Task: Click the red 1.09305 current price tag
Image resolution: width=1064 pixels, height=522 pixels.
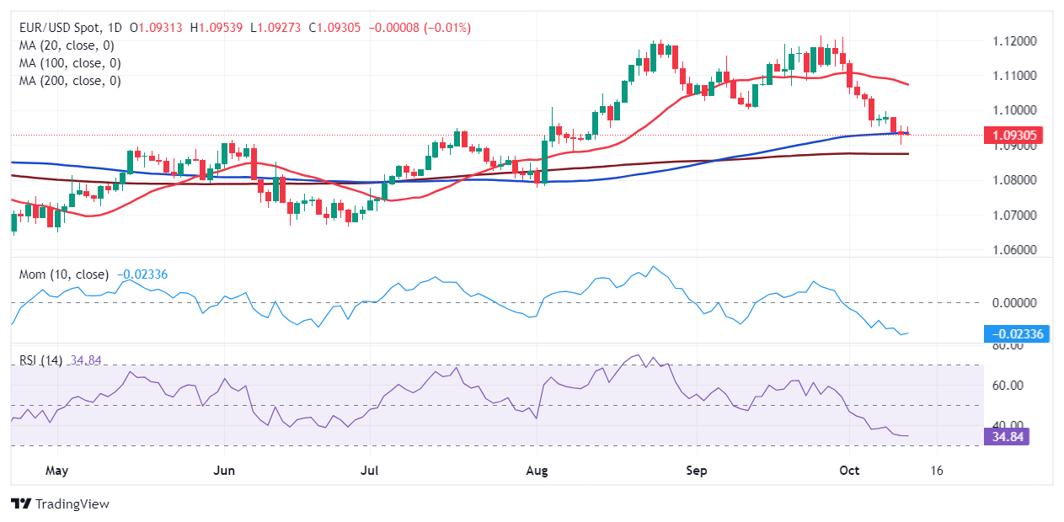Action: [x=1014, y=135]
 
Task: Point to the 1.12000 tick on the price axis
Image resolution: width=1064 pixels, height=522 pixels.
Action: [x=1013, y=41]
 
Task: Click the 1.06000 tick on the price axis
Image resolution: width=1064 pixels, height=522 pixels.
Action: [x=1013, y=250]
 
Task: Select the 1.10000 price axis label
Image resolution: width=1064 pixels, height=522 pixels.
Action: [x=1013, y=110]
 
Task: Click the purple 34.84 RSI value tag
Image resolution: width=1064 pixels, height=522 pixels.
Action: [x=1006, y=436]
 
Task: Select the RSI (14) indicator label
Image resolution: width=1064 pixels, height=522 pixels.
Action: [x=41, y=360]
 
